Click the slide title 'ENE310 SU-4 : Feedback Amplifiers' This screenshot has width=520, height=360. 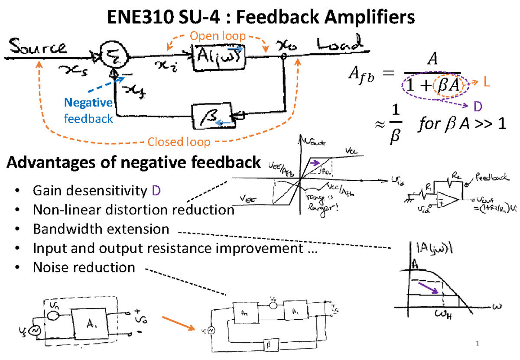[x=260, y=18]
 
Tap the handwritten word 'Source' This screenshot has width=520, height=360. [x=36, y=46]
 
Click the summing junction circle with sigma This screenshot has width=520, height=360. [x=110, y=55]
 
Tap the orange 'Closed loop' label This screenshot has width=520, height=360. [x=179, y=142]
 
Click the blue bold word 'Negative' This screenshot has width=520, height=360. [x=88, y=103]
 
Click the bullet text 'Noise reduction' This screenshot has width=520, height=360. [x=84, y=267]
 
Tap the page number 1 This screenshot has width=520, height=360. [x=478, y=344]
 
